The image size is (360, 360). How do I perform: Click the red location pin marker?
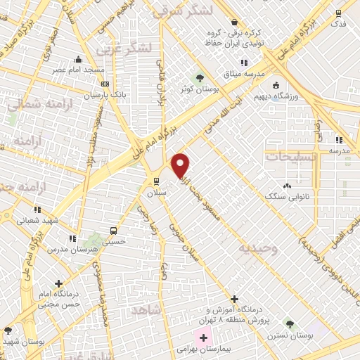181,166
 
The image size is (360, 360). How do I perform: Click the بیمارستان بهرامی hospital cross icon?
203,338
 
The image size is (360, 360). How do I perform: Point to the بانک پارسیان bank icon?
105,84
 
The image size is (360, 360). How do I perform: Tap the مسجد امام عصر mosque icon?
78,60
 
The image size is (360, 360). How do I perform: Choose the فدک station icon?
338,13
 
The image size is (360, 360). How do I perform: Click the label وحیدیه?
257,248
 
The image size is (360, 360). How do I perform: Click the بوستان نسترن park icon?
289,324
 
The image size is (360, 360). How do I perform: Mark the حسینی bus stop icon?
112,231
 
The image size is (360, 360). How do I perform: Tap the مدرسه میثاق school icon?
244,63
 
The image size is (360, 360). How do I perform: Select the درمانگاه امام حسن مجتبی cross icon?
59,283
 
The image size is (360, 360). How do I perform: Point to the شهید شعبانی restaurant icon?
37,210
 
